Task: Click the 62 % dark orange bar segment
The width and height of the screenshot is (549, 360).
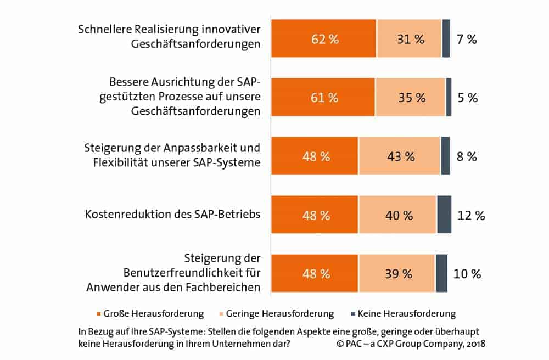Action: [x=324, y=39]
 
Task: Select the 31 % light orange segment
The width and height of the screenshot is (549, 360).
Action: [x=409, y=39]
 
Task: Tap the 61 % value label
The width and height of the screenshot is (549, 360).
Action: [x=324, y=98]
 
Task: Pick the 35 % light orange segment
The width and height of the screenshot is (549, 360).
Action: [x=410, y=98]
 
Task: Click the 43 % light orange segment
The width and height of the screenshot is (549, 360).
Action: [x=399, y=156]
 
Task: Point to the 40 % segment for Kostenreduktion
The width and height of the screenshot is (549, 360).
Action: [x=397, y=215]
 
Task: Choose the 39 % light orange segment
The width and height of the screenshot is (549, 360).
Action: [x=397, y=273]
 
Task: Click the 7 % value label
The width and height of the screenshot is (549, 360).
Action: [x=467, y=39]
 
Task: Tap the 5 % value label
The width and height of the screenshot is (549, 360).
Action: [x=467, y=98]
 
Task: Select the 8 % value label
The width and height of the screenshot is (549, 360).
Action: [x=467, y=156]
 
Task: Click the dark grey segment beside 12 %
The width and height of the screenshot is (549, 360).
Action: [x=444, y=215]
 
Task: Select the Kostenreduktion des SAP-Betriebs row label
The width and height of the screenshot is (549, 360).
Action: [x=172, y=215]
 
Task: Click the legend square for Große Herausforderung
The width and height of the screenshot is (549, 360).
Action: [x=99, y=314]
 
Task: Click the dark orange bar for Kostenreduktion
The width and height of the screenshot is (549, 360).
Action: [x=315, y=215]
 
